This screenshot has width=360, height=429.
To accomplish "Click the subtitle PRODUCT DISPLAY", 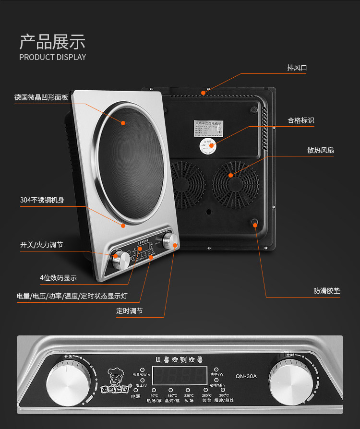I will (52, 57).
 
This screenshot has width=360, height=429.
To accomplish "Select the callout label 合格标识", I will (301, 120).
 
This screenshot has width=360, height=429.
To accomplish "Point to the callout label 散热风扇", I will (321, 150).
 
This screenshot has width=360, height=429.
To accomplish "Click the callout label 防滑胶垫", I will (327, 291).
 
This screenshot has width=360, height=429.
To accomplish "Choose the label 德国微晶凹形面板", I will (41, 97).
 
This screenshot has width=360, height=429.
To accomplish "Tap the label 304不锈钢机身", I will (42, 200).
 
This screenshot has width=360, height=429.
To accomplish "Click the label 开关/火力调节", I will (41, 245).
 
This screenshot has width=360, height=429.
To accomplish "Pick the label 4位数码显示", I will (58, 277).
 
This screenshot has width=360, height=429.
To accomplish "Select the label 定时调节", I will (129, 310).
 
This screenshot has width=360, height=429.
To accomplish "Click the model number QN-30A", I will (246, 376).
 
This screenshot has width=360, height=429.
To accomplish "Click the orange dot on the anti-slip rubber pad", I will (254, 222).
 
